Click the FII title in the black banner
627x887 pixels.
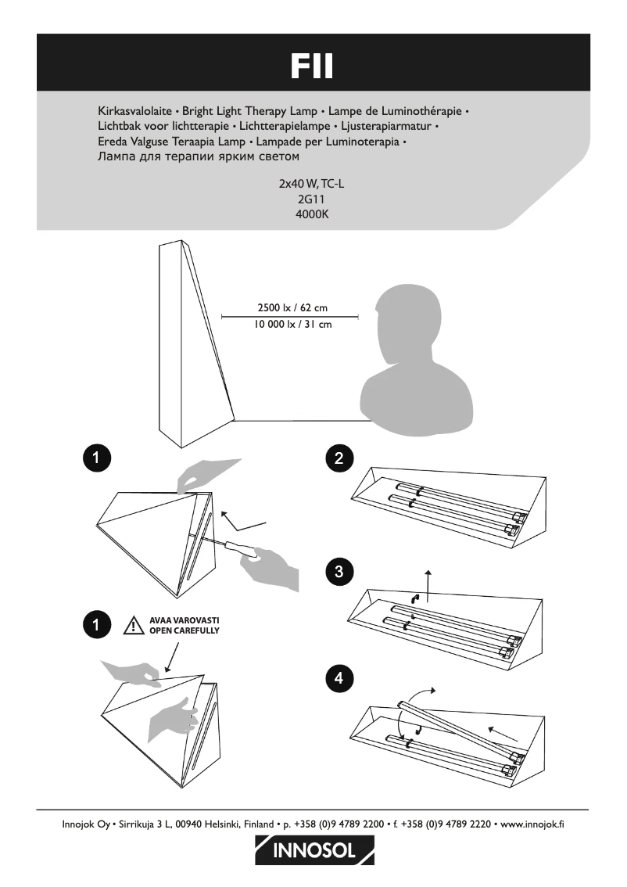(x=312, y=66)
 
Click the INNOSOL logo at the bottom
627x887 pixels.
(x=314, y=850)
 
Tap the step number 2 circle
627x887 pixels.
(x=339, y=458)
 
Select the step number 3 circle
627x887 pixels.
(x=339, y=571)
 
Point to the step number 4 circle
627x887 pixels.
(x=339, y=678)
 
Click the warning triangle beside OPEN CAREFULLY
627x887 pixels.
(x=134, y=625)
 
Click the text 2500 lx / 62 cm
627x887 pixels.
(x=292, y=307)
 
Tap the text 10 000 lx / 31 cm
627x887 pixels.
(x=293, y=324)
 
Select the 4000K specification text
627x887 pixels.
(x=312, y=214)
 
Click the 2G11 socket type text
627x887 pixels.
(x=311, y=199)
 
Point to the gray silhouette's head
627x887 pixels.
(x=408, y=321)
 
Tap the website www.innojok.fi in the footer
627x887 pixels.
(x=532, y=824)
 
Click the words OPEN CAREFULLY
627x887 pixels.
(x=185, y=630)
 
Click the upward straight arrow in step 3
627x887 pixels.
(x=428, y=586)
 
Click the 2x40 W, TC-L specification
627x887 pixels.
(x=311, y=184)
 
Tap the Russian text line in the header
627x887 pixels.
(x=199, y=156)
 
